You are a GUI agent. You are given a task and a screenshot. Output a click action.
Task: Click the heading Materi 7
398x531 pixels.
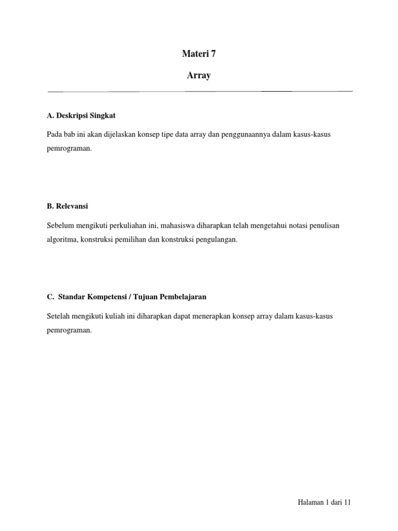[199, 53]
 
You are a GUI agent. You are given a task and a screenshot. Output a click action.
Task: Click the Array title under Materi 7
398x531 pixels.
[199, 76]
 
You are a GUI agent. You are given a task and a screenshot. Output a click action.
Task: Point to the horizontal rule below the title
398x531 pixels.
[200, 91]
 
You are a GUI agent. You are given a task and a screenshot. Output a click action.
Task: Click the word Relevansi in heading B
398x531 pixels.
[72, 206]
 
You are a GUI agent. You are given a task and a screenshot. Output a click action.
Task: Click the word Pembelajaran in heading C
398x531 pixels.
[182, 297]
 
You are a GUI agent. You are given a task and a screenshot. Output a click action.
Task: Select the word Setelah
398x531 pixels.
[58, 316]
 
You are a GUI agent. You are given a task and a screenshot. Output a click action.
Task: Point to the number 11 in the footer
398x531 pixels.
[348, 502]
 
